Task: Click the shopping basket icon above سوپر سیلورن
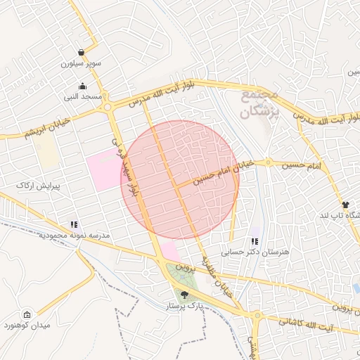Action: tap(82, 53)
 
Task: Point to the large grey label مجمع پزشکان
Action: tap(258, 103)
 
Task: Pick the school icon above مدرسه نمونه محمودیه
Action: tap(74, 225)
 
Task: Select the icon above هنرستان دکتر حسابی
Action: tap(254, 241)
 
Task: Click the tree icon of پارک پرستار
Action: tap(184, 295)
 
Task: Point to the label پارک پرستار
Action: tap(184, 307)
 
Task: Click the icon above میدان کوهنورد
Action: tap(27, 314)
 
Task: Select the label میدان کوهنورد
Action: tap(27, 326)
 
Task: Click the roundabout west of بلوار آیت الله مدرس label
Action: tap(108, 107)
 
